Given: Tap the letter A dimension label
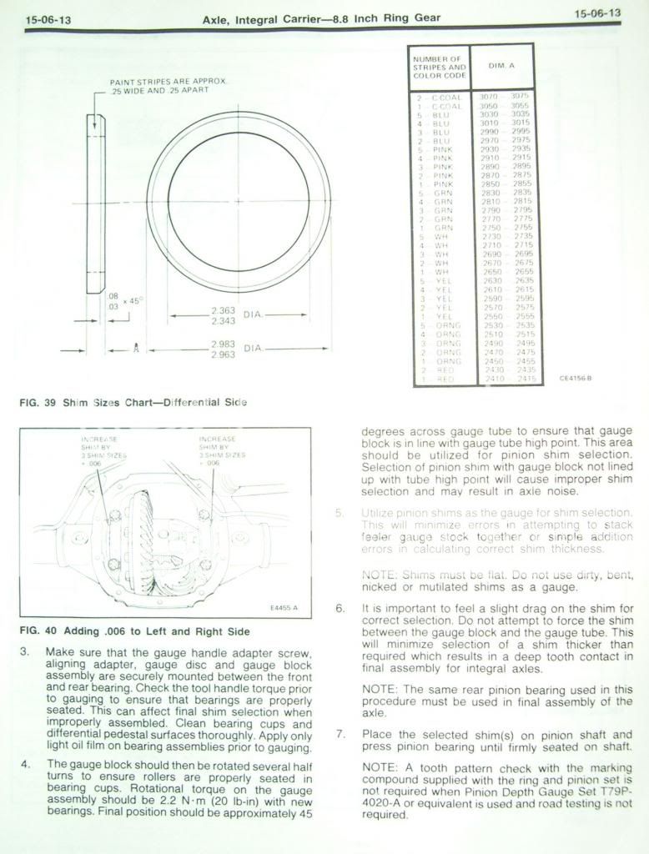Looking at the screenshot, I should click(x=135, y=349).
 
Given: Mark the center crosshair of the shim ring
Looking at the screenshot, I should click(x=238, y=202).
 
